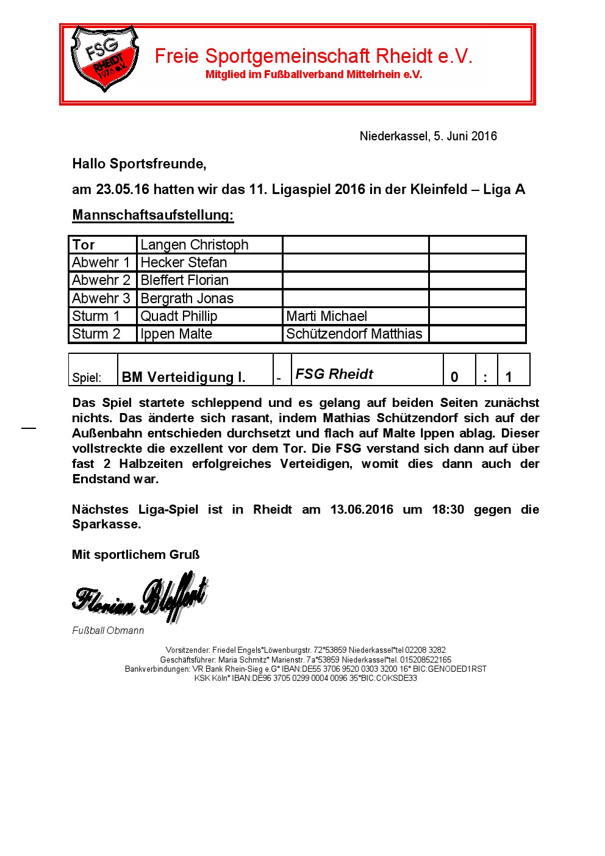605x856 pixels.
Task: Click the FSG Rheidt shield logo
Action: (104, 58)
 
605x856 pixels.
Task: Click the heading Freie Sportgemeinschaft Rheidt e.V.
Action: (313, 56)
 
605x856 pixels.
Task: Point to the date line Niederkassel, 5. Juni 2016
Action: (428, 136)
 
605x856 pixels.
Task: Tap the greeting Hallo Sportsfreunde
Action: (139, 164)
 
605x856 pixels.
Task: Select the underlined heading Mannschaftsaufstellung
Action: (153, 215)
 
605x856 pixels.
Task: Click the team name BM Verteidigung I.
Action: (184, 377)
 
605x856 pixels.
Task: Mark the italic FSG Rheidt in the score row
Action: (334, 374)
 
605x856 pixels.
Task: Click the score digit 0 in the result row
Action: (454, 377)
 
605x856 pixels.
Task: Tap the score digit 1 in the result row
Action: (509, 377)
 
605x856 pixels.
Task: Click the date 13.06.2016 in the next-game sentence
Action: (362, 509)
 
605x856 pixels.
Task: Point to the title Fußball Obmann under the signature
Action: (108, 630)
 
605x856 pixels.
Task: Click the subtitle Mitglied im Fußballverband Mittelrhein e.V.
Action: (313, 74)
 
